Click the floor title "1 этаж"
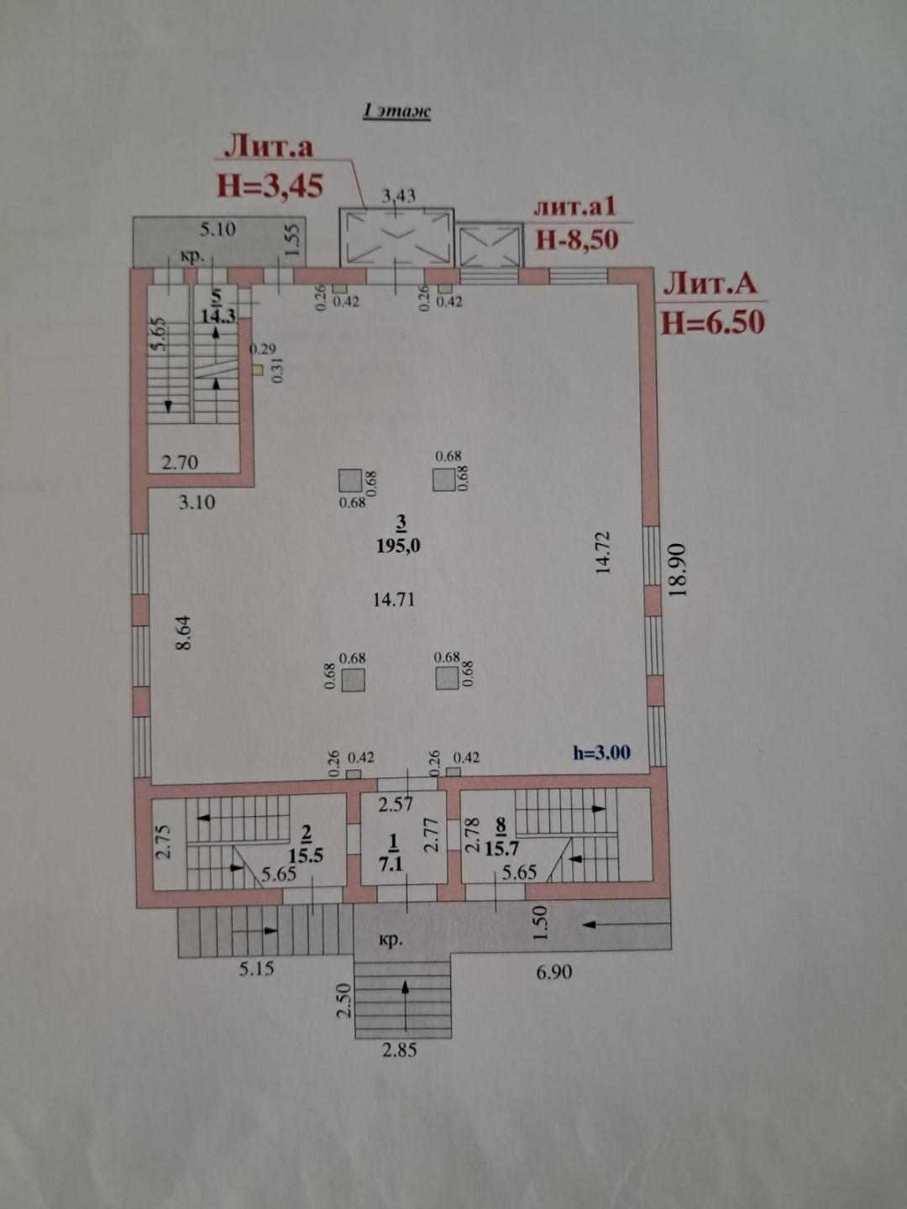pyautogui.click(x=396, y=112)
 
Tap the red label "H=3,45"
pyautogui.click(x=270, y=186)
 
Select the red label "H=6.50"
pyautogui.click(x=713, y=322)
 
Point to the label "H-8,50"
pyautogui.click(x=577, y=239)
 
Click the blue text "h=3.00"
pyautogui.click(x=602, y=752)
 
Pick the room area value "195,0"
pyautogui.click(x=399, y=545)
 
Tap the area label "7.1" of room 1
pyautogui.click(x=391, y=863)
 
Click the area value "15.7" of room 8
pyautogui.click(x=501, y=849)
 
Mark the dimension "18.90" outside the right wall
pyautogui.click(x=679, y=569)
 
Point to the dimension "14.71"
pyautogui.click(x=393, y=599)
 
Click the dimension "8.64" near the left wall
pyautogui.click(x=183, y=632)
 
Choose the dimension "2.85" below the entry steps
pyautogui.click(x=399, y=1050)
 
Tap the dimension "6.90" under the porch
pyautogui.click(x=554, y=972)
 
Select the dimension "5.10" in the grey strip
pyautogui.click(x=218, y=229)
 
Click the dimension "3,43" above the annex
pyautogui.click(x=399, y=196)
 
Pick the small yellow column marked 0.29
pyautogui.click(x=257, y=369)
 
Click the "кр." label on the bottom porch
pyautogui.click(x=390, y=941)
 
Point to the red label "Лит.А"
pyautogui.click(x=710, y=285)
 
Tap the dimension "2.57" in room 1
pyautogui.click(x=396, y=804)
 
